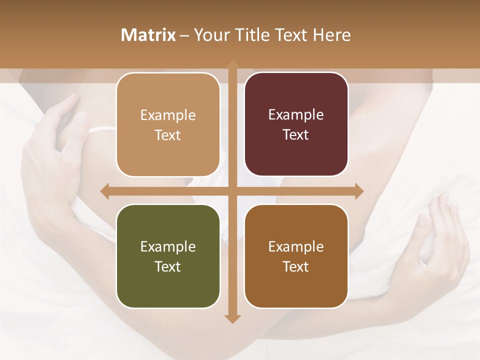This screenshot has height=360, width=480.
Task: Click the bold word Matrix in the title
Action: [x=148, y=35]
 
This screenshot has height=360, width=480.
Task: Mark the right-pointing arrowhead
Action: [x=358, y=191]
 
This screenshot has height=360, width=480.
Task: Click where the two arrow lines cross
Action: [x=232, y=191]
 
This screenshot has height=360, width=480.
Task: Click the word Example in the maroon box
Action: [x=296, y=115]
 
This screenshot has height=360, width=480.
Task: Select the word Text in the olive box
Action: [x=168, y=266]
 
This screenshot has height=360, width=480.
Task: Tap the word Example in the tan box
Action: [x=168, y=115]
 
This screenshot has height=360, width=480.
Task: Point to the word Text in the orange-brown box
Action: [x=296, y=266]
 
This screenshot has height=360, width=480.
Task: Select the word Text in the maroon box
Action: [x=296, y=135]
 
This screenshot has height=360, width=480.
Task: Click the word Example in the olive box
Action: [x=168, y=246]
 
